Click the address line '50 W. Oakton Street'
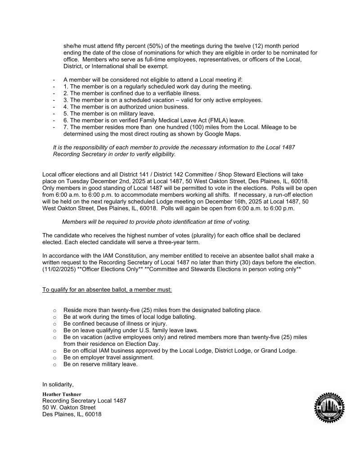click(69, 407)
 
